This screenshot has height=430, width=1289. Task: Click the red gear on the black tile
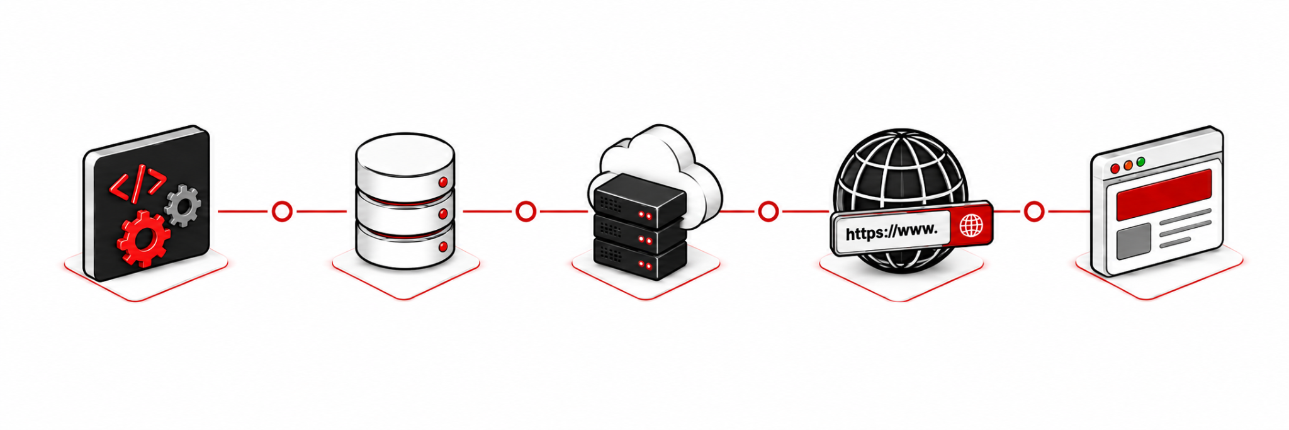point(144,239)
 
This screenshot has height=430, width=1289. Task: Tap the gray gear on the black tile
point(183,205)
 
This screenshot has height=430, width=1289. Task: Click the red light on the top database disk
point(443,182)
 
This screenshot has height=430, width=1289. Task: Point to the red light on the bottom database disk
point(443,246)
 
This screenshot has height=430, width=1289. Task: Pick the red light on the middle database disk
point(443,214)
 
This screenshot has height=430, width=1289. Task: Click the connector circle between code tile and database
point(282,212)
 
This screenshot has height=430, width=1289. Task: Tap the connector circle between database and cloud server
point(526,212)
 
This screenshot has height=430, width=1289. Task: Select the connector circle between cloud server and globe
point(768,212)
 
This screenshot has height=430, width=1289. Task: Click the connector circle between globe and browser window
point(1033,212)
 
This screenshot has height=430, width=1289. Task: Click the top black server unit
point(639,200)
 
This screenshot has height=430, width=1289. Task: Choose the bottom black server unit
point(639,259)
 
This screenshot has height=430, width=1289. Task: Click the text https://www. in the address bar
point(891,232)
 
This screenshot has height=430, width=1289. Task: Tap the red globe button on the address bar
point(972,225)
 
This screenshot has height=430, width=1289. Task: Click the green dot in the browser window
point(1141,162)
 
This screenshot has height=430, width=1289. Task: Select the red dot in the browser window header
point(1115,169)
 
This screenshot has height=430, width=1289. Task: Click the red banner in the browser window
point(1164,195)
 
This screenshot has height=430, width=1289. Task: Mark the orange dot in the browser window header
point(1128,165)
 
